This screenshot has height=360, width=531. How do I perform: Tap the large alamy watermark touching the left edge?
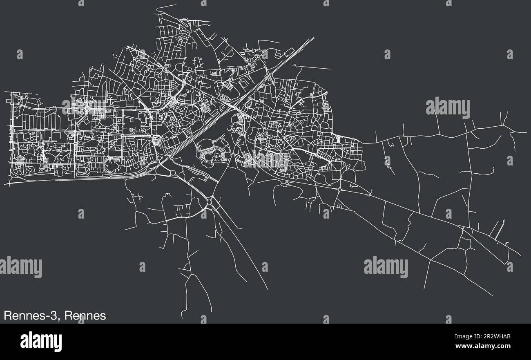tap(20, 267)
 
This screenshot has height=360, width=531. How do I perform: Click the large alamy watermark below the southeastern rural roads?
tap(386, 267)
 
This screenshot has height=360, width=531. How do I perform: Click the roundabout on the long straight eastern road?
tap(340, 189)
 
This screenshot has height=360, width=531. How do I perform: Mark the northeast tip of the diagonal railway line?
tap(314, 38)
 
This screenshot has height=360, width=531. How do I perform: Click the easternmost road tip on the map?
tap(527, 132)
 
